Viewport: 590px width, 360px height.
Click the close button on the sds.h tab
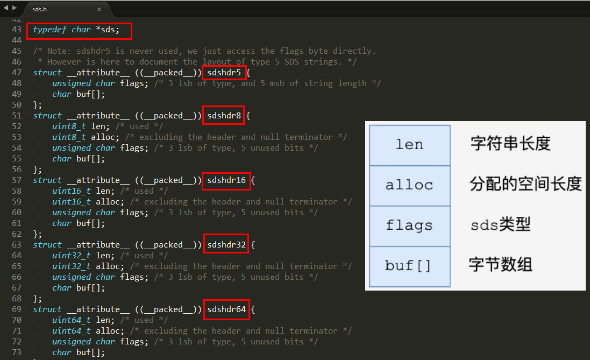pos(99,9)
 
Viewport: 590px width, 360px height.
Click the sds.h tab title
pos(39,9)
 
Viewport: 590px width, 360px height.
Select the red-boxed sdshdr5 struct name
pos(224,73)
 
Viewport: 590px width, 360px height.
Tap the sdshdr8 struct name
pos(224,116)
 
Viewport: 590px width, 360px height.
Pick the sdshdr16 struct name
pos(226,180)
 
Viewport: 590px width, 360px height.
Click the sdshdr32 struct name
pos(226,245)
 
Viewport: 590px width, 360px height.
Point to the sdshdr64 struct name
pos(226,309)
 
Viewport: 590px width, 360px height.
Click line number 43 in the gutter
pos(16,30)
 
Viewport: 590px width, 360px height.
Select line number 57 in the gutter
pos(16,180)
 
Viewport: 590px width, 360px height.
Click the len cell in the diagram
pos(409,145)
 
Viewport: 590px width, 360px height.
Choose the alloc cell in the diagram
pos(409,185)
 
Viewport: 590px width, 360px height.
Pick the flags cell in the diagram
pos(409,225)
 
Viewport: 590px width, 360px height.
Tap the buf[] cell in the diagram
pos(409,266)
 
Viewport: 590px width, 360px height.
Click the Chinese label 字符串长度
pos(510,144)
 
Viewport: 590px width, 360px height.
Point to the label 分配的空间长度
pos(525,185)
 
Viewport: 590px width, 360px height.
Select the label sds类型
pos(501,225)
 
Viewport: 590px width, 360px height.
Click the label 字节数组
pos(501,265)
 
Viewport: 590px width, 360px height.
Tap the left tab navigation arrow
pos(6,8)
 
